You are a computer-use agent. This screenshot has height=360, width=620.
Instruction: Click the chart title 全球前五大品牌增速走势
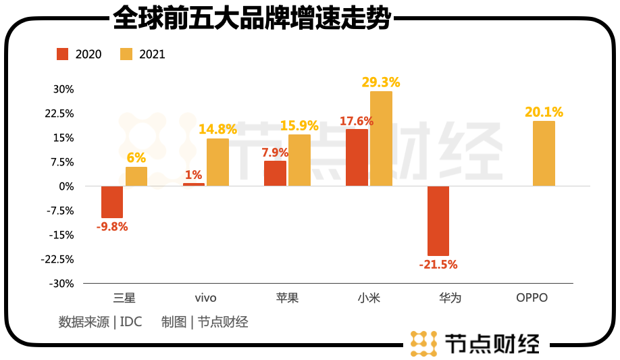click(252, 18)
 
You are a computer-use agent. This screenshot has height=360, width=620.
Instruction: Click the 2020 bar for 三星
click(112, 202)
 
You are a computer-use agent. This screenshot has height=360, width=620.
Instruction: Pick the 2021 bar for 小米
click(381, 138)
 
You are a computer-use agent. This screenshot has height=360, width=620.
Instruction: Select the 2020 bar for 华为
click(438, 221)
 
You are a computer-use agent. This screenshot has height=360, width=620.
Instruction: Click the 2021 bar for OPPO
click(544, 153)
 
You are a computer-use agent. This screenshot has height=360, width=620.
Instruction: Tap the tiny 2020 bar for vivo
click(194, 184)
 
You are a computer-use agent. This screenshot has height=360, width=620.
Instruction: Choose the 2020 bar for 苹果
click(275, 174)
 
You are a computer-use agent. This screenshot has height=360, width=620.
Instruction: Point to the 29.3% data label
click(381, 82)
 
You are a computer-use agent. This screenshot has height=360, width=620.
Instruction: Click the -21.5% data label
click(438, 265)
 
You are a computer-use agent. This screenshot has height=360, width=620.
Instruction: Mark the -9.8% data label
click(112, 227)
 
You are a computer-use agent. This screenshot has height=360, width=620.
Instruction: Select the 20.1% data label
click(544, 112)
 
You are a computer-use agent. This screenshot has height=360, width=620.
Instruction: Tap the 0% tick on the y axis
click(66, 186)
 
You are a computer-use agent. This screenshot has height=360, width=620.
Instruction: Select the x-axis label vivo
click(205, 298)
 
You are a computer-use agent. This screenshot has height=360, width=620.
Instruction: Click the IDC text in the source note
click(131, 322)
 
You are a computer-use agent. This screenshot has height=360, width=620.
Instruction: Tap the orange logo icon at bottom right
click(424, 343)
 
